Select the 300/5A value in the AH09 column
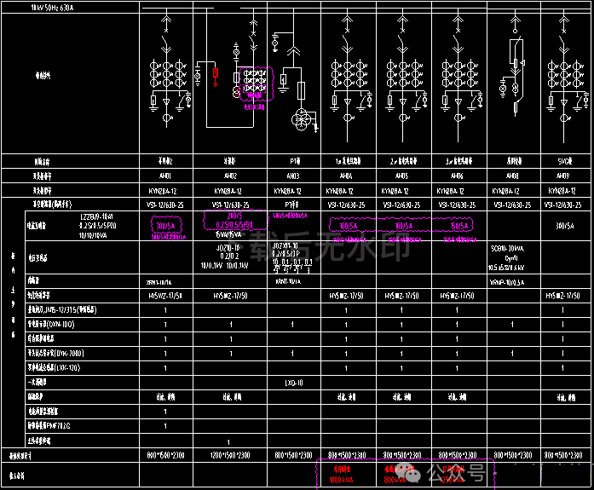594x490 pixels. pos(562,226)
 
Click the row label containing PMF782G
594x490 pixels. pos(59,424)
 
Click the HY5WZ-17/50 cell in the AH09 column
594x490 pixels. pos(562,295)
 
